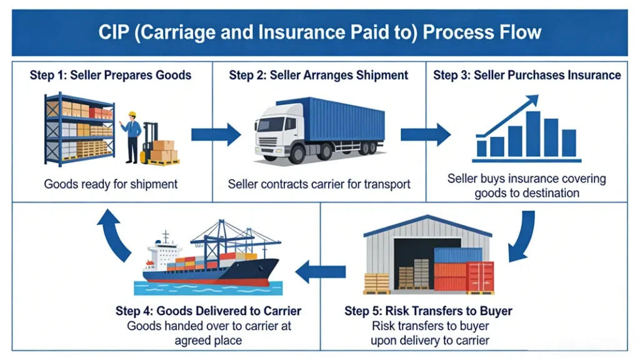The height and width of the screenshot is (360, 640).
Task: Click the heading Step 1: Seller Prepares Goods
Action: coord(111,76)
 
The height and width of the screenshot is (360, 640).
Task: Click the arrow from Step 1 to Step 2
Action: coord(215,134)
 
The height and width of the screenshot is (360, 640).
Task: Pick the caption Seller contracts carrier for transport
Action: coord(319,184)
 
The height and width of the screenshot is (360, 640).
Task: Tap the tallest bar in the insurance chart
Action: coord(532,133)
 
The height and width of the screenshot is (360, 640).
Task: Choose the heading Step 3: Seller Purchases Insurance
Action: coord(527,76)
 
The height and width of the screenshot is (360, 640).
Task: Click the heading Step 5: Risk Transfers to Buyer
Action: coord(428,311)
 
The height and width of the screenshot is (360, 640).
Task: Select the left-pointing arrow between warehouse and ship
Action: coord(320,271)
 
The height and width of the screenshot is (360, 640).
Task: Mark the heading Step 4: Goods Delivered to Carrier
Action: coord(208,311)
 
